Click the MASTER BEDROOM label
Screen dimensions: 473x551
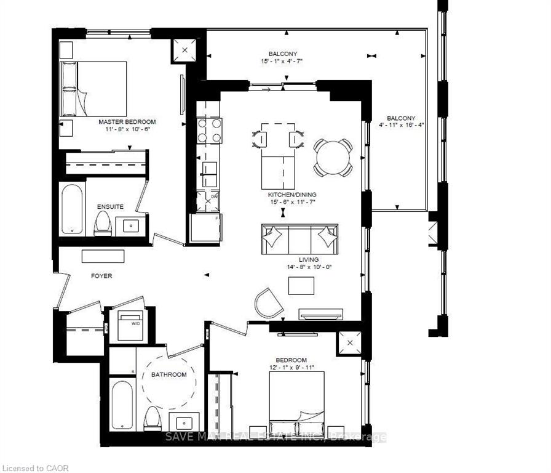pyautogui.click(x=127, y=122)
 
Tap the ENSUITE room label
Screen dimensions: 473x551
pyautogui.click(x=110, y=207)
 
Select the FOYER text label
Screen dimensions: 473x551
pyautogui.click(x=101, y=276)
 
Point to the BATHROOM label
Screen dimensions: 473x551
pyautogui.click(x=168, y=374)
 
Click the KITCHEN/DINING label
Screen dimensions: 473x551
pyautogui.click(x=283, y=194)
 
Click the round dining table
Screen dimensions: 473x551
pyautogui.click(x=333, y=156)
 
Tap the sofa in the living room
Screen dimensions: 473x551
pyautogui.click(x=300, y=239)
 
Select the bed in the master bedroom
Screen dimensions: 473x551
pyautogui.click(x=92, y=88)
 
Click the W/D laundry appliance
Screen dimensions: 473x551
pyautogui.click(x=129, y=325)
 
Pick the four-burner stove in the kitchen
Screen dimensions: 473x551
pyautogui.click(x=208, y=131)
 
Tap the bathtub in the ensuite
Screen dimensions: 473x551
pyautogui.click(x=73, y=208)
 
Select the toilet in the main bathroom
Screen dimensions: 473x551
pyautogui.click(x=151, y=419)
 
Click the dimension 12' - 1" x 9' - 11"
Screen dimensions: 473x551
pyautogui.click(x=291, y=368)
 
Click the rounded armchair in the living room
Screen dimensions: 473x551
pyautogui.click(x=268, y=302)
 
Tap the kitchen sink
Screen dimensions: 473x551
pyautogui.click(x=208, y=169)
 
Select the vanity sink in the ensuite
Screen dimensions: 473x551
pyautogui.click(x=132, y=225)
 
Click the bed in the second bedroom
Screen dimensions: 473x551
pyautogui.click(x=297, y=403)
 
